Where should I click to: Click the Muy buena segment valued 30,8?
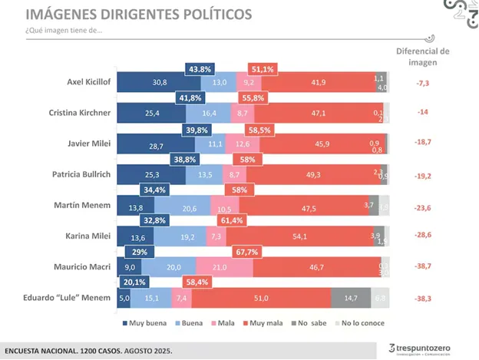(x=159, y=81)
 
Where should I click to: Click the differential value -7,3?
(x=421, y=81)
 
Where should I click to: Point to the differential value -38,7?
(x=421, y=266)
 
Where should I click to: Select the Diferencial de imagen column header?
(x=422, y=56)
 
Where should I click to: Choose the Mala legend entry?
(x=223, y=323)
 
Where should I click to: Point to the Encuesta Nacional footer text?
(x=89, y=350)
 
